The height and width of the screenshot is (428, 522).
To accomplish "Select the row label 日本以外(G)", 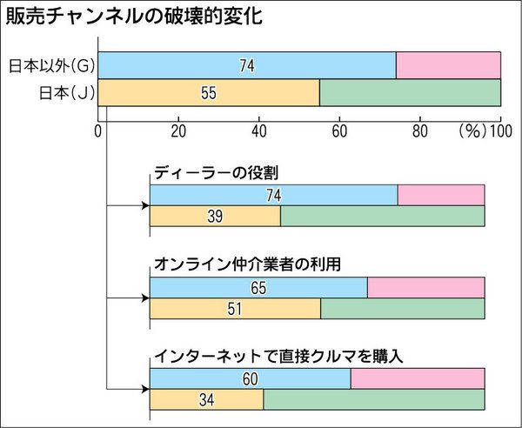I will (52, 64).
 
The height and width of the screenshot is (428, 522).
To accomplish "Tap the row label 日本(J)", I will (64, 91).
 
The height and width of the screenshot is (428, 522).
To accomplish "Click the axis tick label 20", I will (178, 131).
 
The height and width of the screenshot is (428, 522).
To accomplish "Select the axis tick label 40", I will (259, 131).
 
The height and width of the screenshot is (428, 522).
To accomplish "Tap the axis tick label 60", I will (339, 131).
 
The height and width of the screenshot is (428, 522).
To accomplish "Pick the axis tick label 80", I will (419, 131).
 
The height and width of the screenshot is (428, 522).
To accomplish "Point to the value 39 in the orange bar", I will (215, 217).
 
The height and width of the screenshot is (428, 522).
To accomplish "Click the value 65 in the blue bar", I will (258, 288).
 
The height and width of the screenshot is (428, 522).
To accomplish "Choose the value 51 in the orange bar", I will (235, 308).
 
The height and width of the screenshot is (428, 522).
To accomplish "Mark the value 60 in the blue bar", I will (250, 379).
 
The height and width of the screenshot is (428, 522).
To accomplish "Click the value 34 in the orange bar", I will (206, 399).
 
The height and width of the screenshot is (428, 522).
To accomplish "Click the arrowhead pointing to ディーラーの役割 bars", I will (144, 207).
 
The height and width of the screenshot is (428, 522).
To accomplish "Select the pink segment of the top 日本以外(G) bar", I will (448, 64).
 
